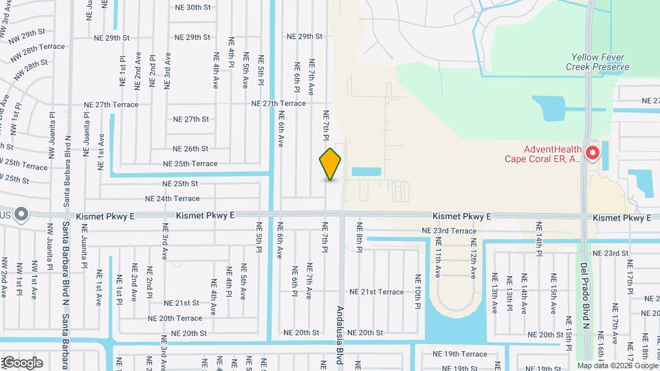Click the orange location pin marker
coord(331,164)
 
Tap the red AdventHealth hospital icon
coord(592,153)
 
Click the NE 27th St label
coord(190,119)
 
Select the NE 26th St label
coord(190,148)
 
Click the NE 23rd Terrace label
coord(449,231)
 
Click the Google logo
coord(22,362)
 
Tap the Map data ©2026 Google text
coord(617,366)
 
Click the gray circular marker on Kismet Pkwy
coord(21,215)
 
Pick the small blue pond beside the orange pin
coord(366,171)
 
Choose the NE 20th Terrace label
coord(175,318)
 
